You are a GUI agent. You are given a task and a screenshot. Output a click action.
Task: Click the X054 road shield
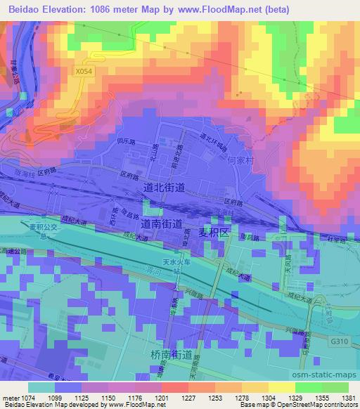pos(84,70)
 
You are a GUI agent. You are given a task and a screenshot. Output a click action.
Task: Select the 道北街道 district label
pos(163,188)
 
